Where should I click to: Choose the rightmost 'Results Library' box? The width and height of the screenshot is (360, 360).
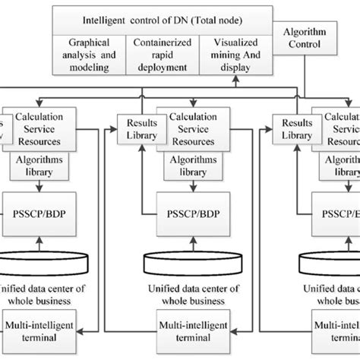(297, 128)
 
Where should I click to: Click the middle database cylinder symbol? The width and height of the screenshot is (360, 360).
(188, 259)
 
